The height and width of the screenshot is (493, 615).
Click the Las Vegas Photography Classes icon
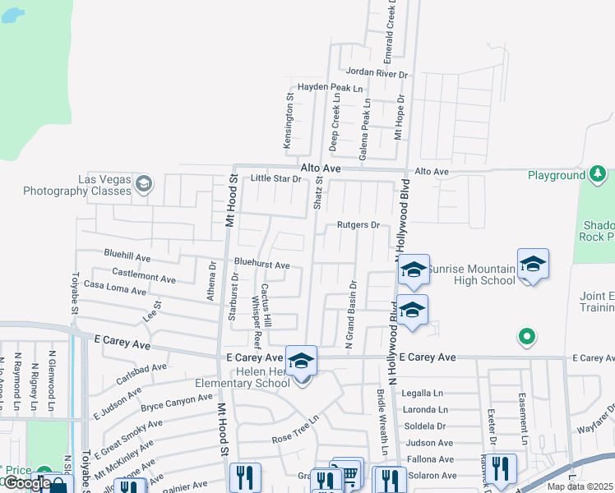[145, 182]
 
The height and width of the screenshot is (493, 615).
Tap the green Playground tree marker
[598, 174]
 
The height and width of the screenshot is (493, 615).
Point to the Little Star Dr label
[276, 178]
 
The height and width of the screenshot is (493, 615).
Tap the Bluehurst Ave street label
[262, 265]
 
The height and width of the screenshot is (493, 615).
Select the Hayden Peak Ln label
[330, 86]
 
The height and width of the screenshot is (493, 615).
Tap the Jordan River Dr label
[377, 73]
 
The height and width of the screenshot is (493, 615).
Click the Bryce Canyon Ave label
[177, 403]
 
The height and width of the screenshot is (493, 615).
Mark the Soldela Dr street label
[424, 426]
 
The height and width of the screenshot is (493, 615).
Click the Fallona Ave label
[424, 459]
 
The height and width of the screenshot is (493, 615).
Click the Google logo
[26, 483]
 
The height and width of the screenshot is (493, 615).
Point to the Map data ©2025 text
[579, 486]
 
